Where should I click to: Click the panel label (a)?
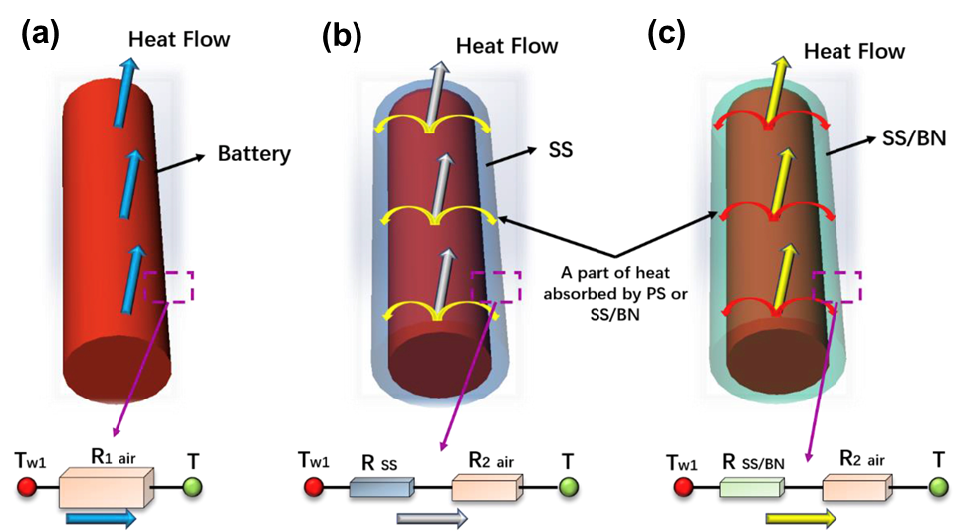(43, 37)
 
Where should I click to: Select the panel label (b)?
(342, 37)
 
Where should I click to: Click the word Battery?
(255, 154)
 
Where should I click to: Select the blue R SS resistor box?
(382, 488)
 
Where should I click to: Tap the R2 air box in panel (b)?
(486, 488)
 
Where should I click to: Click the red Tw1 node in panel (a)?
(28, 488)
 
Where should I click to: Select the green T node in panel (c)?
(938, 487)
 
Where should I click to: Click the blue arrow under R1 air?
(100, 519)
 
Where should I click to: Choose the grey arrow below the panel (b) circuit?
(431, 517)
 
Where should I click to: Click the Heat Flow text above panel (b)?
(506, 46)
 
